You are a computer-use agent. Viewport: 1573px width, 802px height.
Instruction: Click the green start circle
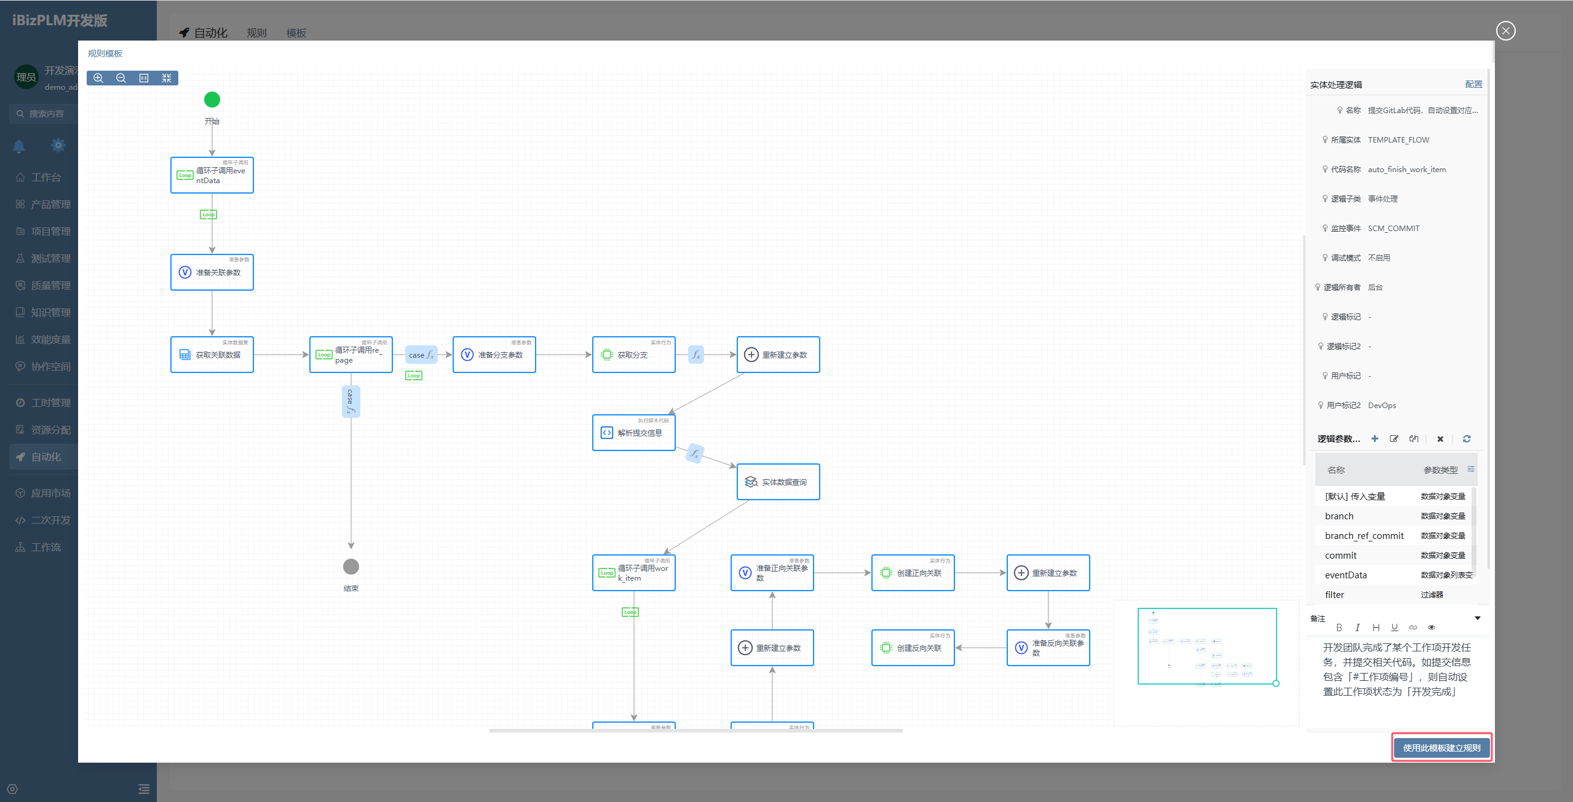212,100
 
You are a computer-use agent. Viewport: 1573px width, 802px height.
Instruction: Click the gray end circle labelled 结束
351,567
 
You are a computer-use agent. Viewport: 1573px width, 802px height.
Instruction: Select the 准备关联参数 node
212,272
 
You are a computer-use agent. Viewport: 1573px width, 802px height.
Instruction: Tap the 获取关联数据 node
212,355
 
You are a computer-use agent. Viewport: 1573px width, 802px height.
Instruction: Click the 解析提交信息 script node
633,433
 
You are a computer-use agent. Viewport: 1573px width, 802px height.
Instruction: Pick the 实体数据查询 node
778,482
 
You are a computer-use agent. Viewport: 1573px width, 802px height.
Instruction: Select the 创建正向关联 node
913,573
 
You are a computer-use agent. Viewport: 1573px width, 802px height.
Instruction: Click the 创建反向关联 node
913,648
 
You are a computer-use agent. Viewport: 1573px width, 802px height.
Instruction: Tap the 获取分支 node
633,355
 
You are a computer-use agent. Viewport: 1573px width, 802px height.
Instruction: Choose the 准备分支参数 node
494,355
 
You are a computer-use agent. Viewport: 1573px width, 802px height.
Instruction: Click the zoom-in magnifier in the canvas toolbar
98,78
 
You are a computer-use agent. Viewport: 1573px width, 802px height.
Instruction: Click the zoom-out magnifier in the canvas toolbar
121,78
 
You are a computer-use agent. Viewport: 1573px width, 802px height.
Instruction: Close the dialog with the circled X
1505,31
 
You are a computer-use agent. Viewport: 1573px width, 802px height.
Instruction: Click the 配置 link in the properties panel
1473,84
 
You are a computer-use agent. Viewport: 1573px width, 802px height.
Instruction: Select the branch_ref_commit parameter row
1364,536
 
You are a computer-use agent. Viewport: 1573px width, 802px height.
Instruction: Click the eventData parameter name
1345,575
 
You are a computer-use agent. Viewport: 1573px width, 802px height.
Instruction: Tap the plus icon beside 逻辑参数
1375,439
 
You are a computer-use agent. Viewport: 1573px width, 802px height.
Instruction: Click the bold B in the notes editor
1339,627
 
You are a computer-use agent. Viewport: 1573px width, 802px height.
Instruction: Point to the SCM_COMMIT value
1393,229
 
